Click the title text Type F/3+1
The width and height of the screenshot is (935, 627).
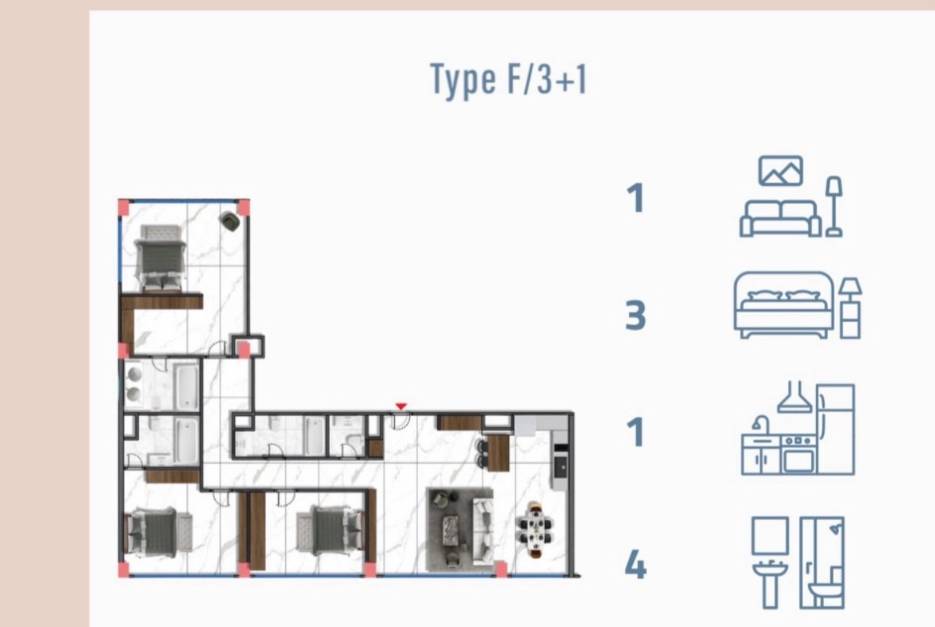point(508,80)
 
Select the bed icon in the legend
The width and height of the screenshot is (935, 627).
point(797,304)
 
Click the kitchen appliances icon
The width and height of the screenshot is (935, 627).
point(798,428)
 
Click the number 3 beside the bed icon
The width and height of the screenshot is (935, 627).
point(635,315)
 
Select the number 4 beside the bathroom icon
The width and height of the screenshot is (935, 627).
point(635,565)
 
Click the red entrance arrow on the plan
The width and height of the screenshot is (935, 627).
point(400,407)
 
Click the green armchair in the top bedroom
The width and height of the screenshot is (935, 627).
point(230,221)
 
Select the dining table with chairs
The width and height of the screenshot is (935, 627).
point(535,530)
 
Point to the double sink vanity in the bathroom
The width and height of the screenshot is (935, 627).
point(133,384)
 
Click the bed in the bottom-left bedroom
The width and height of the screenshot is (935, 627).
point(158,531)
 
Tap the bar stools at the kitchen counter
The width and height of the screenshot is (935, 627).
point(481,454)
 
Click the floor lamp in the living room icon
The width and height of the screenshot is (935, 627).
point(834,206)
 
